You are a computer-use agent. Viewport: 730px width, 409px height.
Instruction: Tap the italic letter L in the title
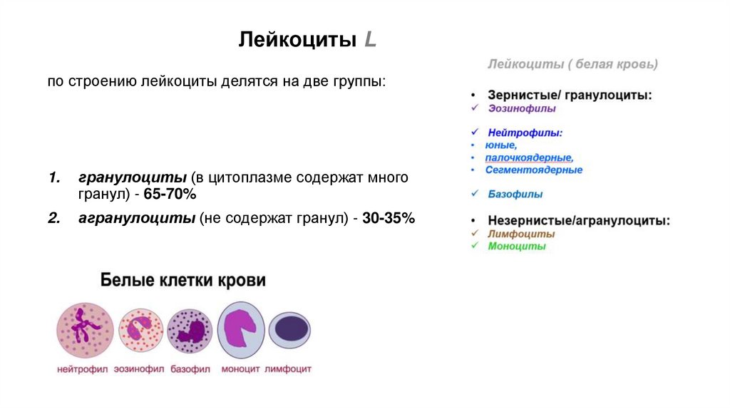click(370, 40)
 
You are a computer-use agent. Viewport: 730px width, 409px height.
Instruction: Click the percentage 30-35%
click(388, 218)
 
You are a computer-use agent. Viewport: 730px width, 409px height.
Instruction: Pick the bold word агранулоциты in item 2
click(127, 218)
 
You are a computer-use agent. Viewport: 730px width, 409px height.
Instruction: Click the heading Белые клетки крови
click(182, 280)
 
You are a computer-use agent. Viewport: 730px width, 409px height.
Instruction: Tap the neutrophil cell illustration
click(85, 330)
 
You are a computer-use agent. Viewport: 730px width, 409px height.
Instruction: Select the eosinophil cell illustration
click(140, 331)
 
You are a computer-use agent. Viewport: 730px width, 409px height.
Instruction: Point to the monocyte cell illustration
click(240, 331)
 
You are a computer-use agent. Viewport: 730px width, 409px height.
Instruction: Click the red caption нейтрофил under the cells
click(83, 369)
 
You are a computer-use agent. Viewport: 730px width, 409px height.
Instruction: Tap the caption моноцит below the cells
click(240, 369)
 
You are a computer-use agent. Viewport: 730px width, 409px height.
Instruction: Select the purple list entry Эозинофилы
click(522, 109)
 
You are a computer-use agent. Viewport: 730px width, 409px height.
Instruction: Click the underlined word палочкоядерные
click(529, 157)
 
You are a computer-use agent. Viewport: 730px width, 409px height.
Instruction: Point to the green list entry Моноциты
click(517, 247)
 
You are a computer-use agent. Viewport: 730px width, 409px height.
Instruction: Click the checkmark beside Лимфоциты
click(474, 234)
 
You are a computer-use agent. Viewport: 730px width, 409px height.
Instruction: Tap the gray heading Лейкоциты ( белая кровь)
click(572, 64)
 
